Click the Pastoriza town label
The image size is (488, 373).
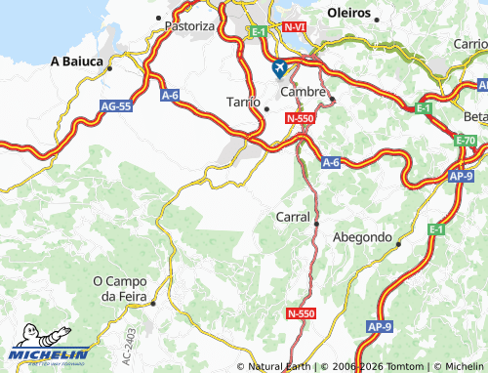189,26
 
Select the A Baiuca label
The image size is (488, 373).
77,61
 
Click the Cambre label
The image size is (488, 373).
302,91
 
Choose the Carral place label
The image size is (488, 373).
293,217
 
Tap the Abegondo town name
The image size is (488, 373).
362,237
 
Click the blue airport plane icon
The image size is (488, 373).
280,69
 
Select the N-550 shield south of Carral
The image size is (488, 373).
302,313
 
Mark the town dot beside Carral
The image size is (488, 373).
316,224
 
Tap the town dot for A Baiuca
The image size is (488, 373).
110,69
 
